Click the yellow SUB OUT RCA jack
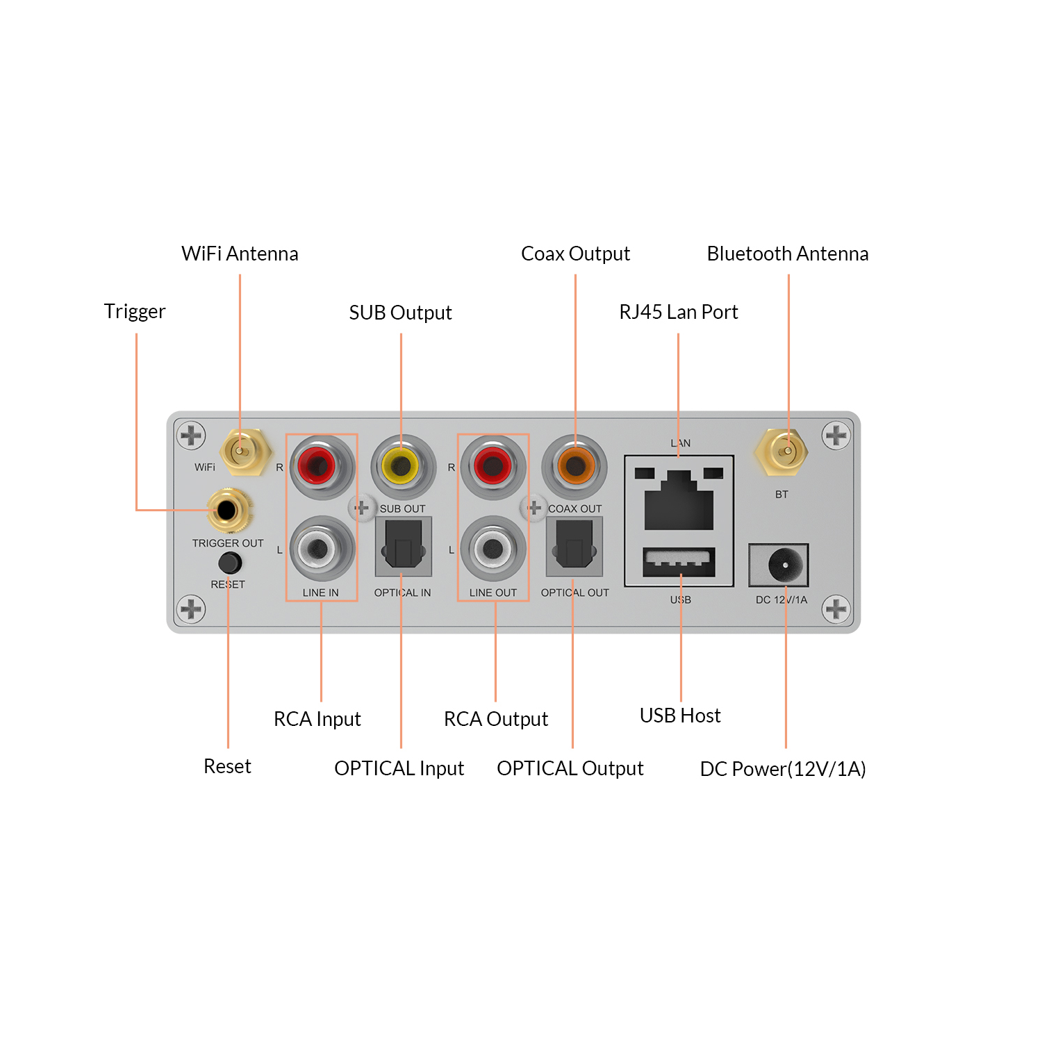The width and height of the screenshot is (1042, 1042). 403,466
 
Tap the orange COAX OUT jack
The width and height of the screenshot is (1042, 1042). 574,466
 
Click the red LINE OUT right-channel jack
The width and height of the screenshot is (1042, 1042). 493,466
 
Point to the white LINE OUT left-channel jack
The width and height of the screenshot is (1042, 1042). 493,549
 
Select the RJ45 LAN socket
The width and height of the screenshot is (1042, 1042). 679,499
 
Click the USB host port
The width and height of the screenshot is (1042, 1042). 679,561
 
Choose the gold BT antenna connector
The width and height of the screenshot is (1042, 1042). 781,452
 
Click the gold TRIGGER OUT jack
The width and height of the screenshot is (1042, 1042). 227,511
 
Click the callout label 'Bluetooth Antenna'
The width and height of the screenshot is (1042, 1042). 787,254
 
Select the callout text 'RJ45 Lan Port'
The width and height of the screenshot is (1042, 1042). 678,312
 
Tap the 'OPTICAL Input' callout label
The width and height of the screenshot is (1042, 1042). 399,768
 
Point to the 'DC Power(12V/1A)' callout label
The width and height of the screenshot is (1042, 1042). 782,769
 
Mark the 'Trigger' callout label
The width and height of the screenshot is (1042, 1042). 135,311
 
